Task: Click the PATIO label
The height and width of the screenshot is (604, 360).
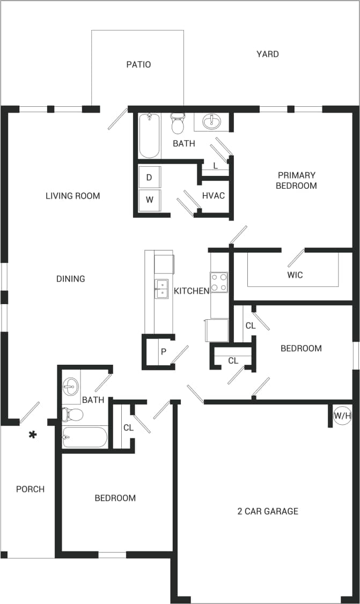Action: pos(138,64)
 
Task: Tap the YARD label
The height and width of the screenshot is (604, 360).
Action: pos(267,54)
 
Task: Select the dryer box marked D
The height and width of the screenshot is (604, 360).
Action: pos(149,177)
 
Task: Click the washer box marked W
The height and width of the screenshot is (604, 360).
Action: pos(149,200)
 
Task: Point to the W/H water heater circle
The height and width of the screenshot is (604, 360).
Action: pos(342,415)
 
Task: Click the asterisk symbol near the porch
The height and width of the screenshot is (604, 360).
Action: pos(33,435)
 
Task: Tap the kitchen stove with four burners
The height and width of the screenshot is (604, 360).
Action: pos(219,282)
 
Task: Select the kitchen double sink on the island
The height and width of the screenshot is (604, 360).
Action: pos(161,288)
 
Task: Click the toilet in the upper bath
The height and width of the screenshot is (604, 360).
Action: pos(177,124)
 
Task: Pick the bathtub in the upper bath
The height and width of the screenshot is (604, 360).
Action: pos(149,136)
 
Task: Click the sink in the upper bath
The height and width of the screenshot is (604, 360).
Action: pos(211,122)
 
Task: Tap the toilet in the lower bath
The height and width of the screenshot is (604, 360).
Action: pos(73,415)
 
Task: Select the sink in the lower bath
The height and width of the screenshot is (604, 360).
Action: pos(71,386)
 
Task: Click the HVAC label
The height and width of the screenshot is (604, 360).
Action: pos(213,196)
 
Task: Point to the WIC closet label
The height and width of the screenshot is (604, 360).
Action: pos(295,275)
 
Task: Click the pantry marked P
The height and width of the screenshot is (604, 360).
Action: pos(163,352)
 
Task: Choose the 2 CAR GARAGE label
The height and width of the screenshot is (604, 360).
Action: pos(267,511)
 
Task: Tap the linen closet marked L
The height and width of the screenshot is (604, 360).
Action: pos(215,166)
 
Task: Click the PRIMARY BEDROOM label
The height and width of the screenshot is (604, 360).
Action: pos(296,180)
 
